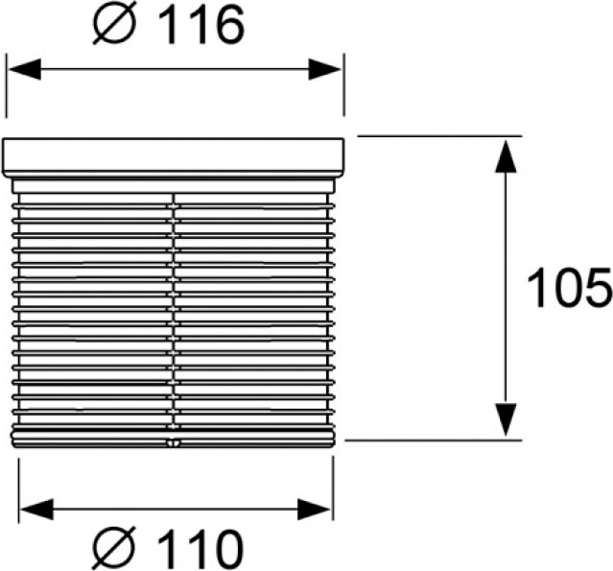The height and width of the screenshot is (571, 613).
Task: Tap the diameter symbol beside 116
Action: pos(114,26)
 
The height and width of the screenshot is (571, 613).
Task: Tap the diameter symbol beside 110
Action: pos(113,549)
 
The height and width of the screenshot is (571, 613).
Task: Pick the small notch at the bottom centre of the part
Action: pos(173,443)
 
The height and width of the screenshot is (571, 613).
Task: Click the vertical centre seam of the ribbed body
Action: pos(174,307)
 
